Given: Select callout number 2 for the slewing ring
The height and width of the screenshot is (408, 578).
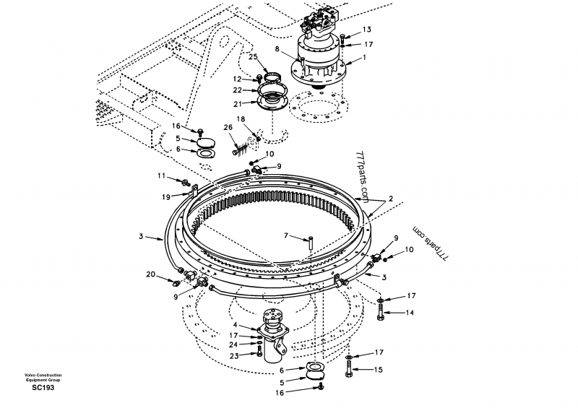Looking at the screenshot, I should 390,198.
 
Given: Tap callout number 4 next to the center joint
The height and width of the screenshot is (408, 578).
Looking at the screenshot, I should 235,325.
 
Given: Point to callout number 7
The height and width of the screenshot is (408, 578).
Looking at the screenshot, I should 285,235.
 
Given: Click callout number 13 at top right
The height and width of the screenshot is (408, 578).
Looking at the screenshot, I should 366,30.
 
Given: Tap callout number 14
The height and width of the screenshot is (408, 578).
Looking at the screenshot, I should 409,312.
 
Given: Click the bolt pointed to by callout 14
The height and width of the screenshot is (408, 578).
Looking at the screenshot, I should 381,312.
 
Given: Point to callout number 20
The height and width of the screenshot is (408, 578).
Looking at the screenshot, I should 150,274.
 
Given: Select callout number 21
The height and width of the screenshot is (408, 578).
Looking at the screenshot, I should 237,103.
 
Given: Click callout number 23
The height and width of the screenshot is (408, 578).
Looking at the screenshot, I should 235,355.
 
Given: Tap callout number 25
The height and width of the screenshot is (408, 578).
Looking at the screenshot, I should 253,56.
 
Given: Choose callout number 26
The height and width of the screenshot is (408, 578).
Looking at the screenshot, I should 228,129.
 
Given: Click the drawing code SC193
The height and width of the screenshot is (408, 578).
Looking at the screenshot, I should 43,388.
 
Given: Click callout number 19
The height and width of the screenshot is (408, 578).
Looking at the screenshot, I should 165,196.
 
